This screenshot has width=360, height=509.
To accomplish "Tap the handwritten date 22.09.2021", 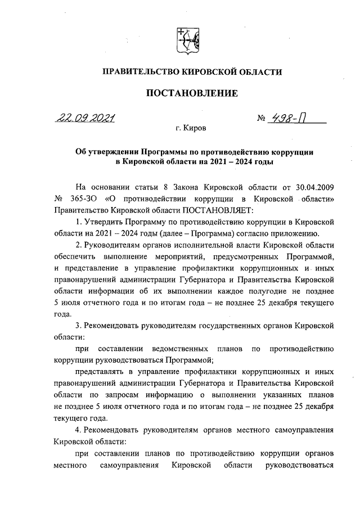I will point(84,119).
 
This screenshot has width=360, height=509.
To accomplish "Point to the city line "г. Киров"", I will point(191,129).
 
